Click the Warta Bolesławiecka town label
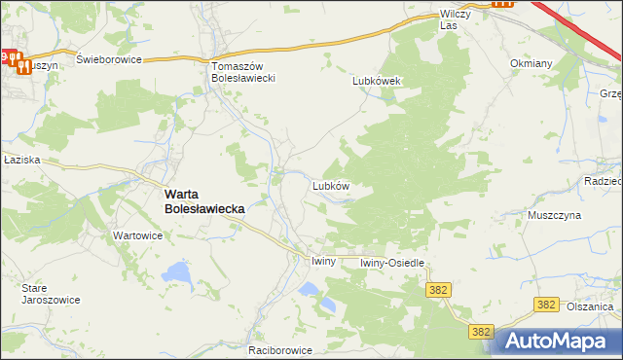click(x=203, y=200)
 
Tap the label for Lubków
click(x=330, y=184)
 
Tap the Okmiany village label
click(x=531, y=63)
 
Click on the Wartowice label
click(x=137, y=235)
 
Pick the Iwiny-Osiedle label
click(x=392, y=263)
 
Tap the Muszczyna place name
click(x=554, y=215)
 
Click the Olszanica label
click(x=592, y=306)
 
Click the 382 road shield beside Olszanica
click(x=547, y=306)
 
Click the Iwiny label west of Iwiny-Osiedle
click(x=323, y=262)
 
